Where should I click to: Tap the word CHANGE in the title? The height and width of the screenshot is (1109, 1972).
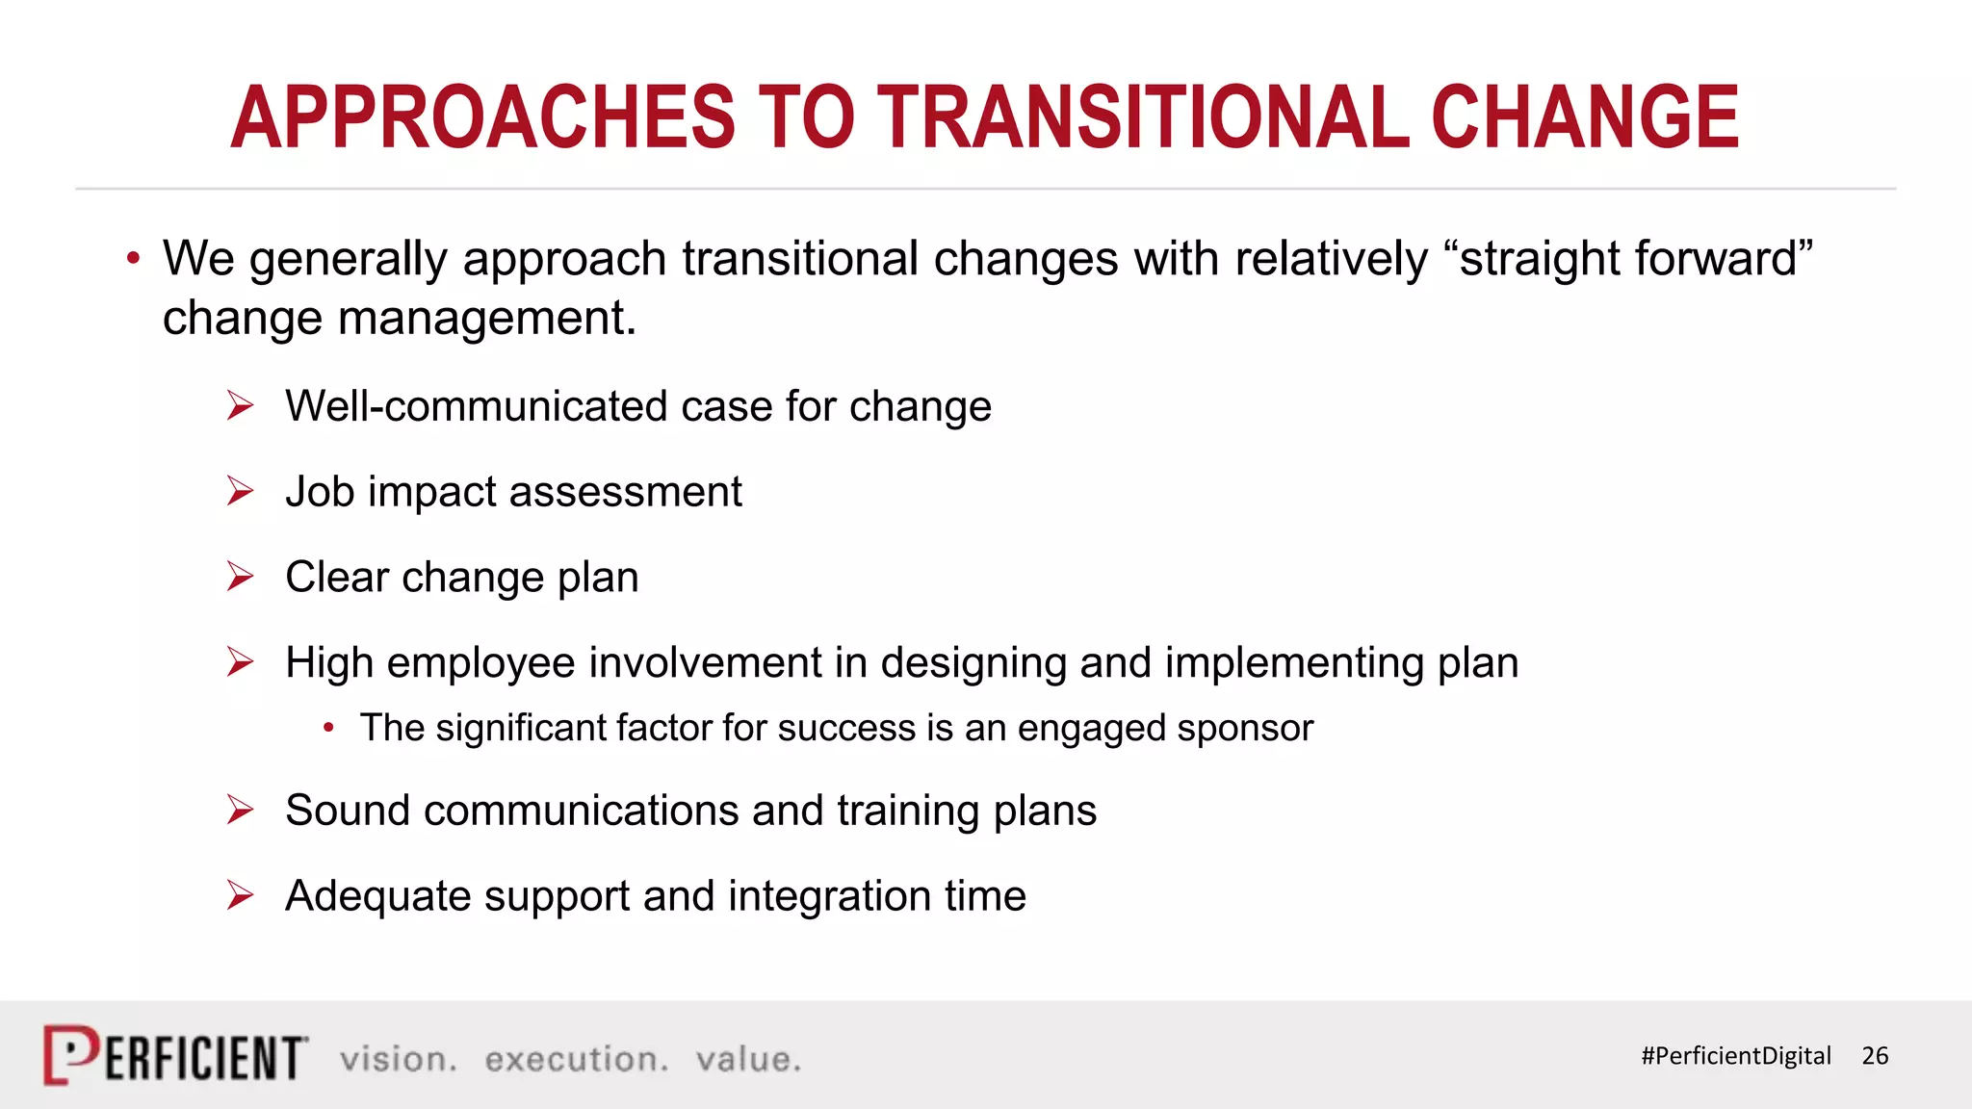[x=1585, y=117]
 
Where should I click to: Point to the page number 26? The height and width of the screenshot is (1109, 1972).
[x=1875, y=1056]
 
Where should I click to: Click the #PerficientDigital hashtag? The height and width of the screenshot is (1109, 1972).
[x=1735, y=1056]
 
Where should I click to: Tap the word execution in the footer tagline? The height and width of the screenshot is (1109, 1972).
[x=576, y=1059]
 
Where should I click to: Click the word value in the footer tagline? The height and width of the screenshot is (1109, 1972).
[x=748, y=1059]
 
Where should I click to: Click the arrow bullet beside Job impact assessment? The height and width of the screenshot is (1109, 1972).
[x=240, y=491]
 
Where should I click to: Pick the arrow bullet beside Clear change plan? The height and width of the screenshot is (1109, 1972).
[x=240, y=577]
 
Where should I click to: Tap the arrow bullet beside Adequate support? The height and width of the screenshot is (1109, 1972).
[x=240, y=895]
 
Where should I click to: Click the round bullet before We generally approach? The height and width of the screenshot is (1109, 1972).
[x=133, y=258]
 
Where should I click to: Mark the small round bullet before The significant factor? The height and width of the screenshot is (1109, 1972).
[x=328, y=728]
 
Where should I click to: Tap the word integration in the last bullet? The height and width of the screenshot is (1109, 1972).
[x=828, y=895]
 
